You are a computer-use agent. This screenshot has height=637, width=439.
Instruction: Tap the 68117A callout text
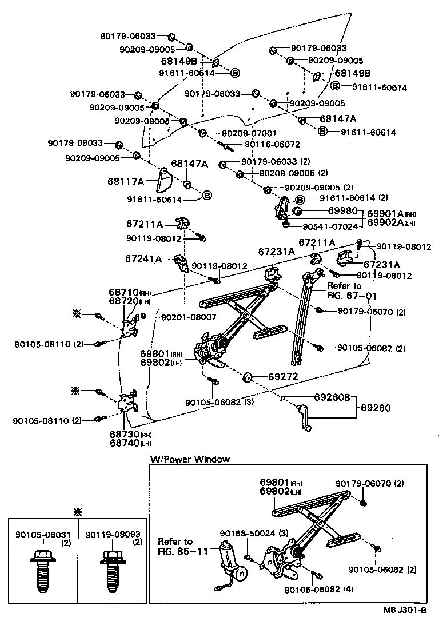click(125, 181)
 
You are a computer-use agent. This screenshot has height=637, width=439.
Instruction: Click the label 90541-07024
click(329, 226)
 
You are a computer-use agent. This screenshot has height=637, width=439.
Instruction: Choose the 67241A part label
click(144, 258)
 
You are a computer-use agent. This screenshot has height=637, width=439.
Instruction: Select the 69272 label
click(283, 377)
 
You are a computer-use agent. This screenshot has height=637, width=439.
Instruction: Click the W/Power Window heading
click(189, 459)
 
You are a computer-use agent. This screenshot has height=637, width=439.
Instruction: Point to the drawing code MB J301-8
click(404, 626)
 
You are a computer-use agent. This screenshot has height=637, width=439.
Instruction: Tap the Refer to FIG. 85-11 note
click(175, 546)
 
